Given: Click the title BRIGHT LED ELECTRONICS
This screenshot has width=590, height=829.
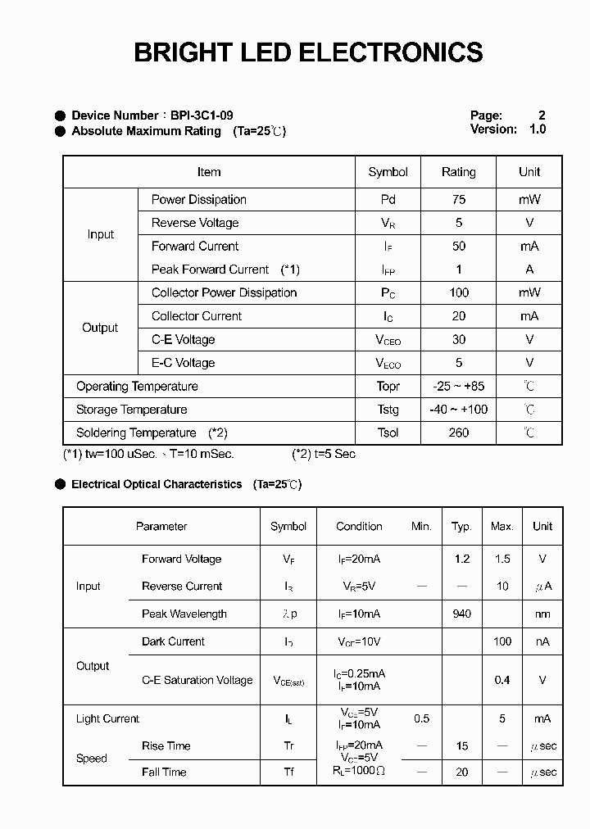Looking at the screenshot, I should pos(308,52).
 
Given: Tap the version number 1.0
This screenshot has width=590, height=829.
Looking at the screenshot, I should pos(537,129).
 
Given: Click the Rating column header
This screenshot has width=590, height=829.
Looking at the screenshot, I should pos(458,172).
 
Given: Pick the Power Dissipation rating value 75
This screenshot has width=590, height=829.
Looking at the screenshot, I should pos(458,199).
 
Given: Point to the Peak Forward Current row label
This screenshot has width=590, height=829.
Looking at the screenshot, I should pos(210,270).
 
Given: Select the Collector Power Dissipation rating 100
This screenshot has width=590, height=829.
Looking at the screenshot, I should pos(458,292).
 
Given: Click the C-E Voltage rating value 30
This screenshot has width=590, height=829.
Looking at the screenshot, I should pos(458,339).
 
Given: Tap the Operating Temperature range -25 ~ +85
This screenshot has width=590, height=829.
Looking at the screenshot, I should pos(458,386).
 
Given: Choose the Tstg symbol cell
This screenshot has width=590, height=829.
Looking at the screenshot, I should pos(388,410).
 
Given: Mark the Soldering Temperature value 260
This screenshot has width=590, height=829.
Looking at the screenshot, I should pos(458,433).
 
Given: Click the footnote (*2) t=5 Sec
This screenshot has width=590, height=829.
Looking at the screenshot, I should pos(324,454).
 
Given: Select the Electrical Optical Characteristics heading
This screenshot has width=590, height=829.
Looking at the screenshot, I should pos(157,484).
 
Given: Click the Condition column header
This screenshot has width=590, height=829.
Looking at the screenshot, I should pos(359,527).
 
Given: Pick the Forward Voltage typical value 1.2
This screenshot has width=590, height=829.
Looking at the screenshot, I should pos(461,559).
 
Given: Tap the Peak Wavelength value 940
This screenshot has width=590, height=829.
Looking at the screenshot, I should pos(461,614).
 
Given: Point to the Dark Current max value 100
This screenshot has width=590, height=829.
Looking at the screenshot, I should pos(501,641).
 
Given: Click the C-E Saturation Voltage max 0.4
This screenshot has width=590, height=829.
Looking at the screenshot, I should pos(501,680).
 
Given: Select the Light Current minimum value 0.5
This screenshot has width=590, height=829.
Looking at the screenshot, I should pos(421,718).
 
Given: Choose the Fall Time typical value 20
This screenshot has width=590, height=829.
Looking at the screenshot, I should pos(461,772).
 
